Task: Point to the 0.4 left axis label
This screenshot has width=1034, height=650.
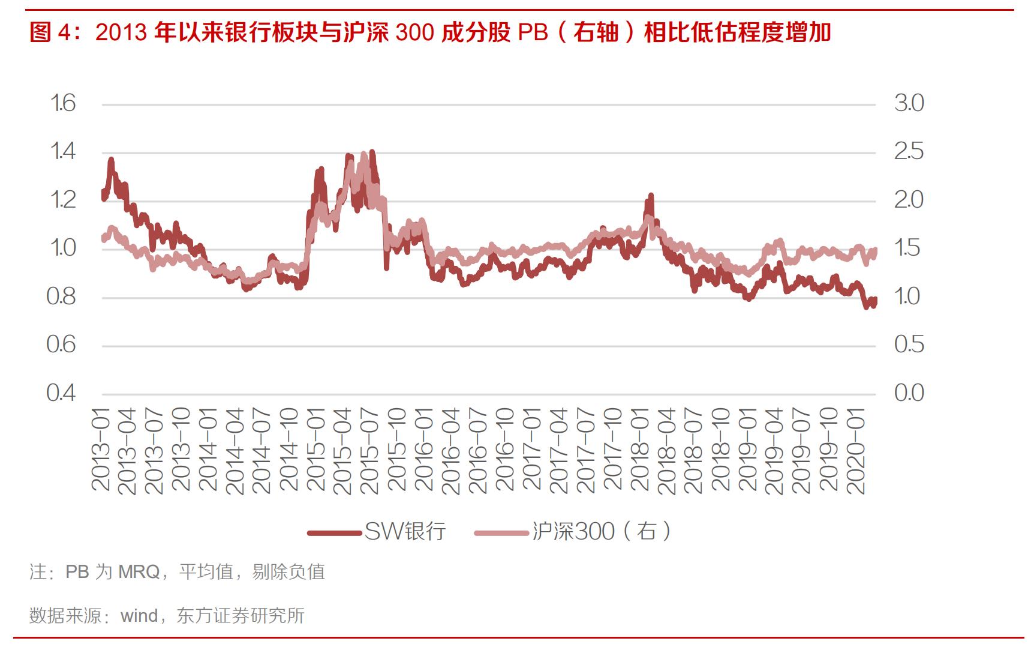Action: pos(61,393)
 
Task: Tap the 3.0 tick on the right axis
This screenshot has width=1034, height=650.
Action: pos(909,104)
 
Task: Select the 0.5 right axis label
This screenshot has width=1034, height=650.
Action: pos(909,345)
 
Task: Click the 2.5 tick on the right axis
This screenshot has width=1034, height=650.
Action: pos(909,151)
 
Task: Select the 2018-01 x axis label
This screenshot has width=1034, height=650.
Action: pos(641,450)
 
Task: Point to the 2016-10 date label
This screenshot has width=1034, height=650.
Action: pos(506,450)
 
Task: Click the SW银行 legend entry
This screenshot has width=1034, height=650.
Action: pos(405,532)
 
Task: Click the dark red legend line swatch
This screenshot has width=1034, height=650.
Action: pos(335,532)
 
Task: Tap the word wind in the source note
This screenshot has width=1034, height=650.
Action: pos(139,616)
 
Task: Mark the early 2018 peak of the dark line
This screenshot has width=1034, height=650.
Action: pos(650,197)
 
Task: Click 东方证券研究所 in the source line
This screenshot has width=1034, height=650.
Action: pos(241,616)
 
